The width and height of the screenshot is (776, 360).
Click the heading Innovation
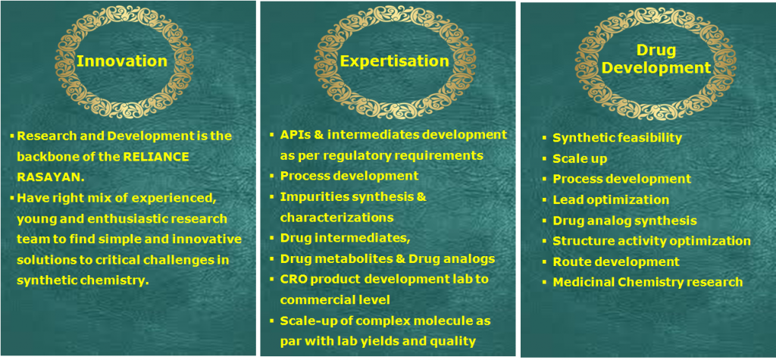(122, 61)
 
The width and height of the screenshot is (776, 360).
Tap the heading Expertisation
(394, 61)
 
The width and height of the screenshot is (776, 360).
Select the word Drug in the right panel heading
(656, 49)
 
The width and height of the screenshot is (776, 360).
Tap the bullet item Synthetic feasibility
(617, 138)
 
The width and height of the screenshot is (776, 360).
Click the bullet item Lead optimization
(611, 199)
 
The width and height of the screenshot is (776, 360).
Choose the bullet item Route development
(616, 261)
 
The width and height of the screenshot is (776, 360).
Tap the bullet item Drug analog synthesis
(624, 221)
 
